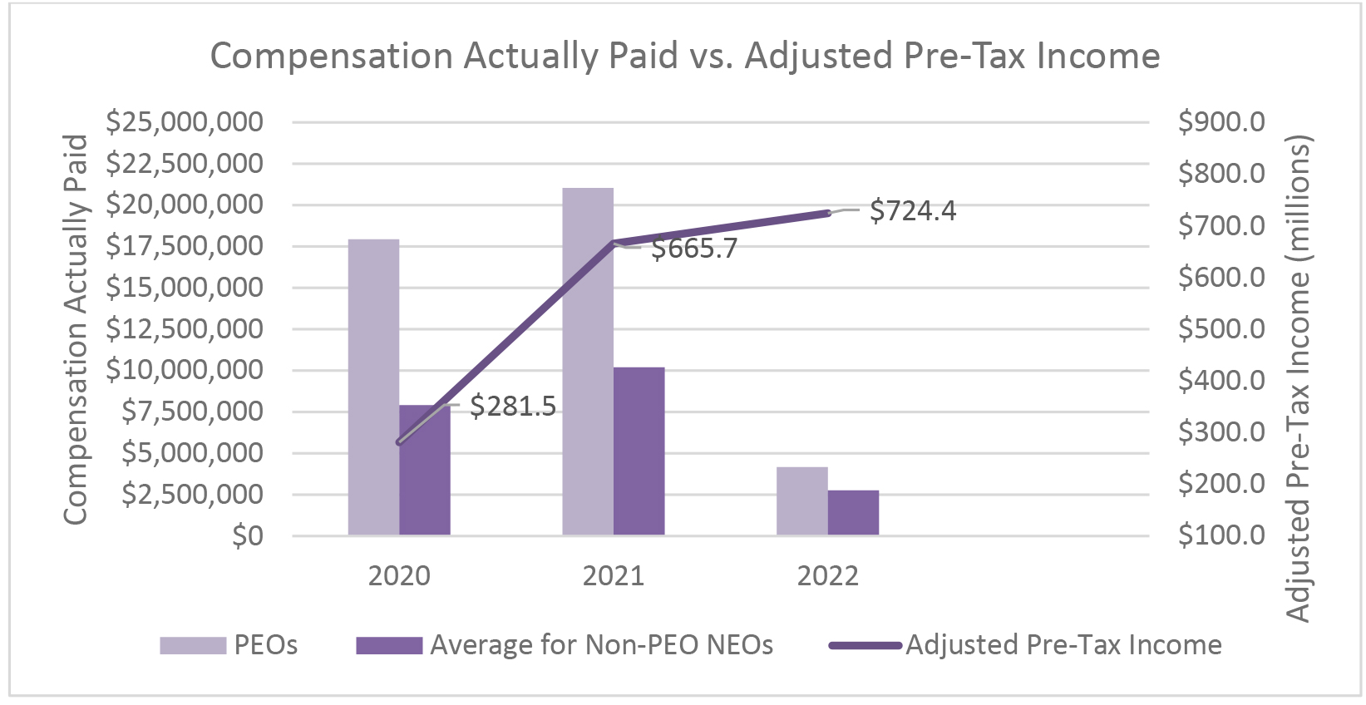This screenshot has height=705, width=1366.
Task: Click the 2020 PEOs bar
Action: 374,387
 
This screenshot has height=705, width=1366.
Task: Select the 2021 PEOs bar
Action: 588,362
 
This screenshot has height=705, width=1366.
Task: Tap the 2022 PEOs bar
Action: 802,501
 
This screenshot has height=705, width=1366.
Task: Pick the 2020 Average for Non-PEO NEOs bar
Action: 425,471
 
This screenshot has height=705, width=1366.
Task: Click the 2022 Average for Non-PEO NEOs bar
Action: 853,513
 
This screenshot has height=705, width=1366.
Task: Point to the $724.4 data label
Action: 913,210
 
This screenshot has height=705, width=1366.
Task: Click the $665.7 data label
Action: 694,249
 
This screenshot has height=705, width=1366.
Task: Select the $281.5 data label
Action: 513,407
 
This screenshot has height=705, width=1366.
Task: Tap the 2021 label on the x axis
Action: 614,575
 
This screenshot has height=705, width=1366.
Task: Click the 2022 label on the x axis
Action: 827,575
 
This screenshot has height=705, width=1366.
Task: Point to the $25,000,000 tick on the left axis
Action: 185,122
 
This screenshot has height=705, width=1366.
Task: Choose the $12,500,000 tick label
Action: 185,329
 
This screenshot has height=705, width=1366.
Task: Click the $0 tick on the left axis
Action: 248,536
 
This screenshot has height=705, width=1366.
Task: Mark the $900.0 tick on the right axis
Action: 1221,122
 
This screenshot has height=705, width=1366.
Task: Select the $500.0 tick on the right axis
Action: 1221,328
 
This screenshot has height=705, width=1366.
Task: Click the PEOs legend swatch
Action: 193,645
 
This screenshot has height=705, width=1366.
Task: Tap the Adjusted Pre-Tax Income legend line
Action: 865,645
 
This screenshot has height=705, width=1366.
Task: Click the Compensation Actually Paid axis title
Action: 76,329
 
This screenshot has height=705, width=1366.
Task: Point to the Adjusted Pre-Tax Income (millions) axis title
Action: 1298,378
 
